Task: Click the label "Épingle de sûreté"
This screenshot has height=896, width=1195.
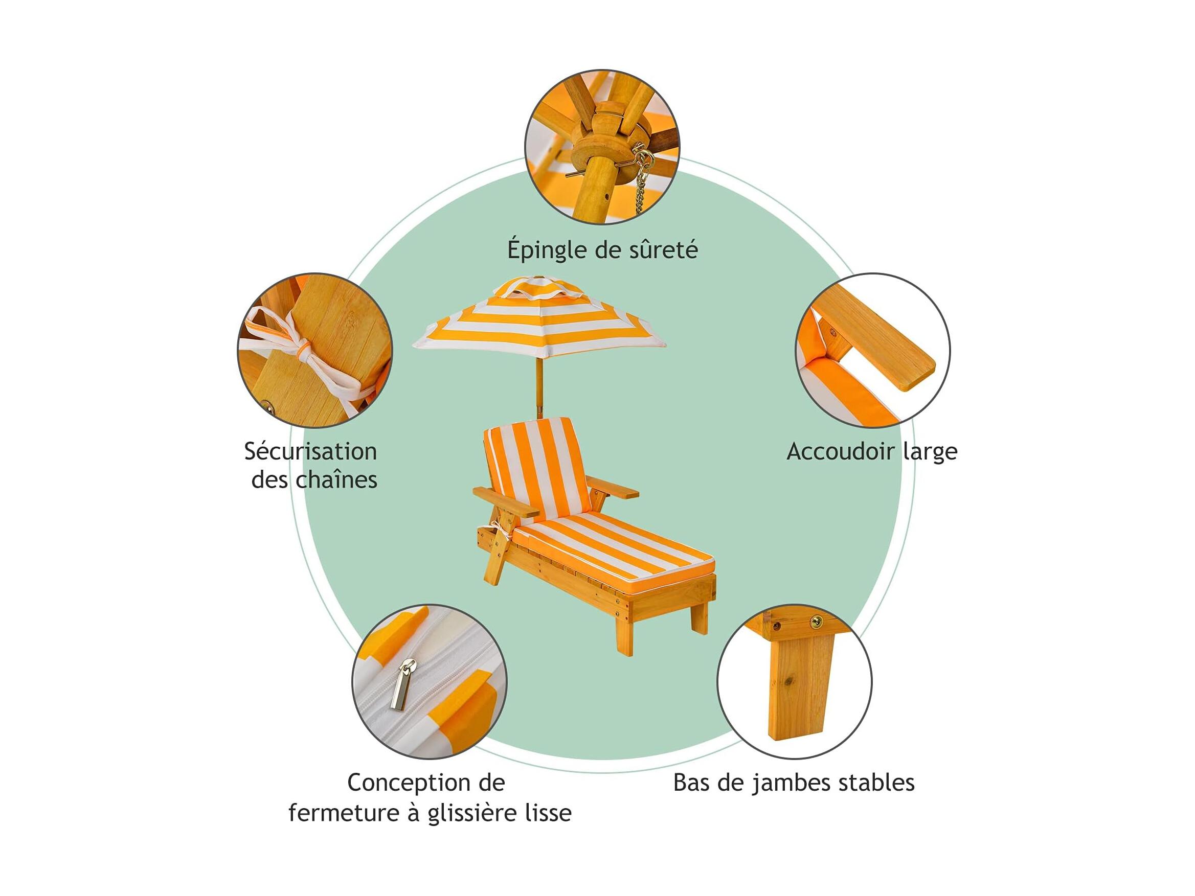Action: pos(602,250)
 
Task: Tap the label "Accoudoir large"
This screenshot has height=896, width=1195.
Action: pos(871,451)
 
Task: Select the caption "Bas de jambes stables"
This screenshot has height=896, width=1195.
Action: pos(794,783)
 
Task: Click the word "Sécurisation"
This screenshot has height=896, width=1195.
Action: pos(310,451)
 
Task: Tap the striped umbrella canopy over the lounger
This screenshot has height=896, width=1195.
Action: pos(539,318)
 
